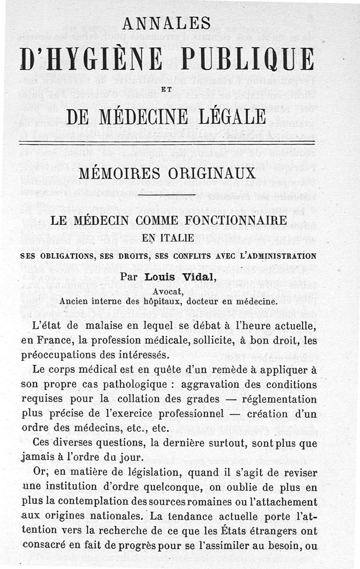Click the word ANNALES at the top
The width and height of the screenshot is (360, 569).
point(166,23)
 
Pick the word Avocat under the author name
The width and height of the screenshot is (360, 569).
point(166,291)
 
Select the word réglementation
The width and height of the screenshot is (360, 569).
point(279,399)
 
